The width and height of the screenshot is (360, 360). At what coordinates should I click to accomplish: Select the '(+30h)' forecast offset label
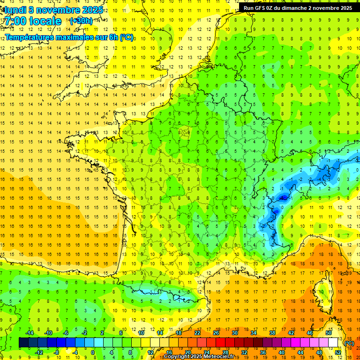pyautogui.click(x=81, y=21)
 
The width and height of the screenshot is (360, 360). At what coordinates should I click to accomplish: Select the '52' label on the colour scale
pyautogui.click(x=337, y=352)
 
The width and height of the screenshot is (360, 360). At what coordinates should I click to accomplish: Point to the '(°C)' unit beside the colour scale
pyautogui.click(x=349, y=343)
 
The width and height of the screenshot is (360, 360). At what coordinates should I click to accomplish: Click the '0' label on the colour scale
pyautogui.click(x=93, y=352)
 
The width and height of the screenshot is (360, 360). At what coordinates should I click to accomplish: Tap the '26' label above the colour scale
pyautogui.click(x=216, y=333)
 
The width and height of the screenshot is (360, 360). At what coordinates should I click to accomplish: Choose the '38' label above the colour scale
pyautogui.click(x=272, y=333)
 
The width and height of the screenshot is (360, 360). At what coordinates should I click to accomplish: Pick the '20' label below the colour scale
pyautogui.click(x=188, y=352)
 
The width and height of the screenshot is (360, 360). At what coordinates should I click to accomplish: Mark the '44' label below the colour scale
pyautogui.click(x=300, y=352)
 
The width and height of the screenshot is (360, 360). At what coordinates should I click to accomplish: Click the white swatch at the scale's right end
pyautogui.click(x=333, y=343)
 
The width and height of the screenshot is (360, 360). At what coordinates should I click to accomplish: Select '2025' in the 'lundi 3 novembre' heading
pyautogui.click(x=92, y=10)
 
